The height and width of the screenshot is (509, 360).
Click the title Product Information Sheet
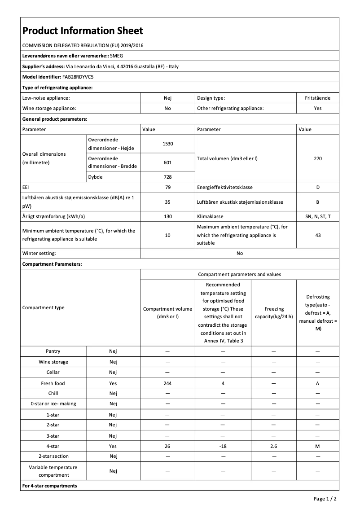[x=83, y=31]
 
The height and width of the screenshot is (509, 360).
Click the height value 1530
[x=167, y=144]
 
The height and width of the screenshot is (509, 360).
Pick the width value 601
[x=167, y=162]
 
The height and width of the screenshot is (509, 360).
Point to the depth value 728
[x=167, y=177]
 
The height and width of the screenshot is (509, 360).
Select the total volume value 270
[x=318, y=158]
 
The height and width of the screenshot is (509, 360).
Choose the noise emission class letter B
[x=318, y=202]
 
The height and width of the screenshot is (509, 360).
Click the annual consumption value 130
[x=167, y=216]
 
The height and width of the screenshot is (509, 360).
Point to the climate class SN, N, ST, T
[x=318, y=216]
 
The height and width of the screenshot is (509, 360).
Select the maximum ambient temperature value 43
[x=318, y=235]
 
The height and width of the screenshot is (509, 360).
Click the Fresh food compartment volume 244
[x=167, y=383]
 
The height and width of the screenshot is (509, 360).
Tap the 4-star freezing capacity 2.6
[x=273, y=446]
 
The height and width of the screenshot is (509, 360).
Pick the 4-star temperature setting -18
[x=223, y=446]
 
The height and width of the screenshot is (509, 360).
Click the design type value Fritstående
[x=318, y=98]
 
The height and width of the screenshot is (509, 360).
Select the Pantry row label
[x=53, y=351]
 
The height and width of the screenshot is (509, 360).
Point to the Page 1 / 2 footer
[x=325, y=499]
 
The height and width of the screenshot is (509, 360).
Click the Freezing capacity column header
[x=273, y=312]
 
